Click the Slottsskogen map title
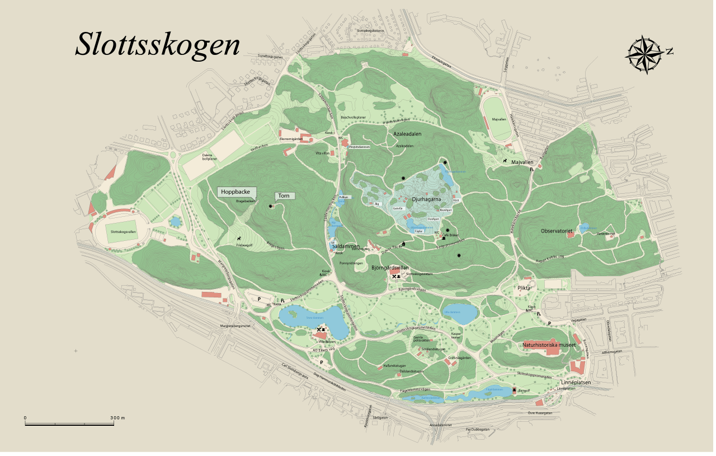tap(158, 45)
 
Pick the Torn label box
tap(284, 196)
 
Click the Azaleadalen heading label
tap(407, 135)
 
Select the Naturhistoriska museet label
tap(549, 345)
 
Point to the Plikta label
tap(524, 288)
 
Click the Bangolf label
tap(524, 390)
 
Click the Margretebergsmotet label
tap(235, 325)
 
